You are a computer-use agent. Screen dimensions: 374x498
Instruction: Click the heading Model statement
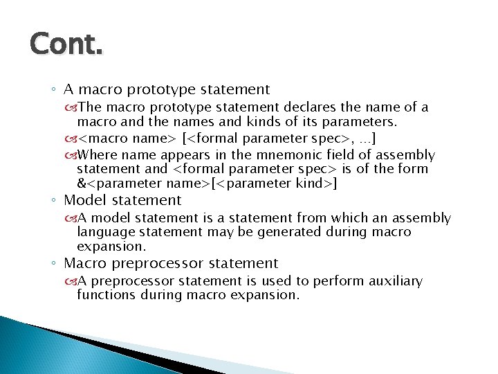point(122,201)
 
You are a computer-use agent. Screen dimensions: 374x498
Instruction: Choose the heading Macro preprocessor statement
point(171,264)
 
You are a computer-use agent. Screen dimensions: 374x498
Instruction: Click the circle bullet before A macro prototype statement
point(54,90)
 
